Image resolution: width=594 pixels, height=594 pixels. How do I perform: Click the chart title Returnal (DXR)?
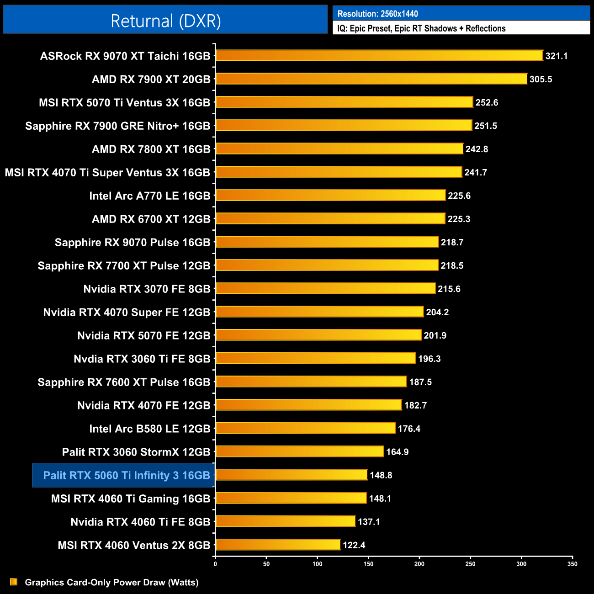click(165, 21)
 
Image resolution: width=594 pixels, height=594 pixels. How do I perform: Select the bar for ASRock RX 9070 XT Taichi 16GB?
click(379, 56)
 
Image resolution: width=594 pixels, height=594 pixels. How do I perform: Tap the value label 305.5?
click(541, 79)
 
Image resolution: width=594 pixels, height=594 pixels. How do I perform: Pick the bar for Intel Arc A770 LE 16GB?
click(330, 196)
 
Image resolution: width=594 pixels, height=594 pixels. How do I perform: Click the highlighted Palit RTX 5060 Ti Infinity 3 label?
click(126, 475)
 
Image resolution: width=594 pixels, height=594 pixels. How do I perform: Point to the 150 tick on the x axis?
click(368, 564)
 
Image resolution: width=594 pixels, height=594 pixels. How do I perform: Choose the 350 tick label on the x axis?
click(572, 564)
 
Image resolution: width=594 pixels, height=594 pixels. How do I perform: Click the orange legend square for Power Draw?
click(14, 582)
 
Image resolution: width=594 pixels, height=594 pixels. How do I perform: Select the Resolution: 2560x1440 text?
click(377, 14)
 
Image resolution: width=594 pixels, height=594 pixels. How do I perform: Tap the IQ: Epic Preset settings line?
click(421, 28)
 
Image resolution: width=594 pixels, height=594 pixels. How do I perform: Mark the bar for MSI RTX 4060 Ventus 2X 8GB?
click(278, 545)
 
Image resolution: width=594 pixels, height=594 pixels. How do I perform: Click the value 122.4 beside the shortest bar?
click(354, 545)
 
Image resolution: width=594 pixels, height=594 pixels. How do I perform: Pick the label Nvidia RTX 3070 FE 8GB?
click(147, 289)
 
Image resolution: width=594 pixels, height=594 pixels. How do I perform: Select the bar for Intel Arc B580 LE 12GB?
click(305, 428)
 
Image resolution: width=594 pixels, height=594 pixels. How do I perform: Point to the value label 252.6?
click(487, 102)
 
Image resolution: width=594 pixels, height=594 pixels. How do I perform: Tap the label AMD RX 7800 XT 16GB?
click(151, 149)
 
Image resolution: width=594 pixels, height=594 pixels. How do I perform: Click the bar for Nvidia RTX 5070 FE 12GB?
click(318, 335)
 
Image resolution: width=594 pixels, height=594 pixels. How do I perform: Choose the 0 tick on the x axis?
click(215, 564)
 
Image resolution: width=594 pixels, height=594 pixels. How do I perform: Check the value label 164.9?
click(397, 452)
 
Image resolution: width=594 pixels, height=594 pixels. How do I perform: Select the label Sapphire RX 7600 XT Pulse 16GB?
click(124, 382)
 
